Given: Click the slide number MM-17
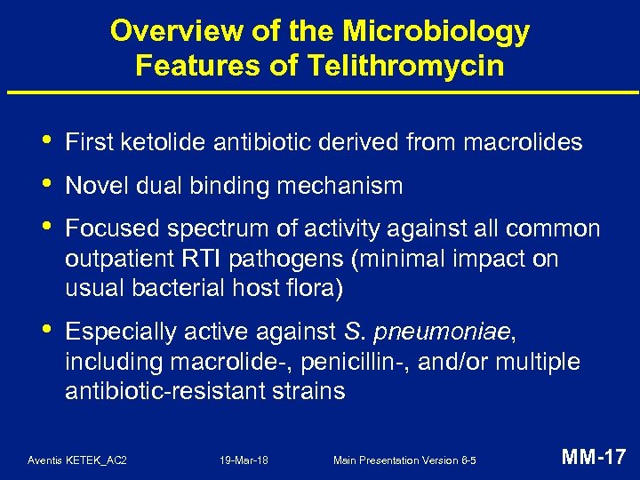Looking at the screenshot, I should (594, 458).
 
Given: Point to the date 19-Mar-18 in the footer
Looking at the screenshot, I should (244, 460).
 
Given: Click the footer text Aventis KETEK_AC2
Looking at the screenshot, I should (77, 460).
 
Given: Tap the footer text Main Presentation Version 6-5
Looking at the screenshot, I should (404, 460).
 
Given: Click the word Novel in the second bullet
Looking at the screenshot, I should (93, 187).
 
